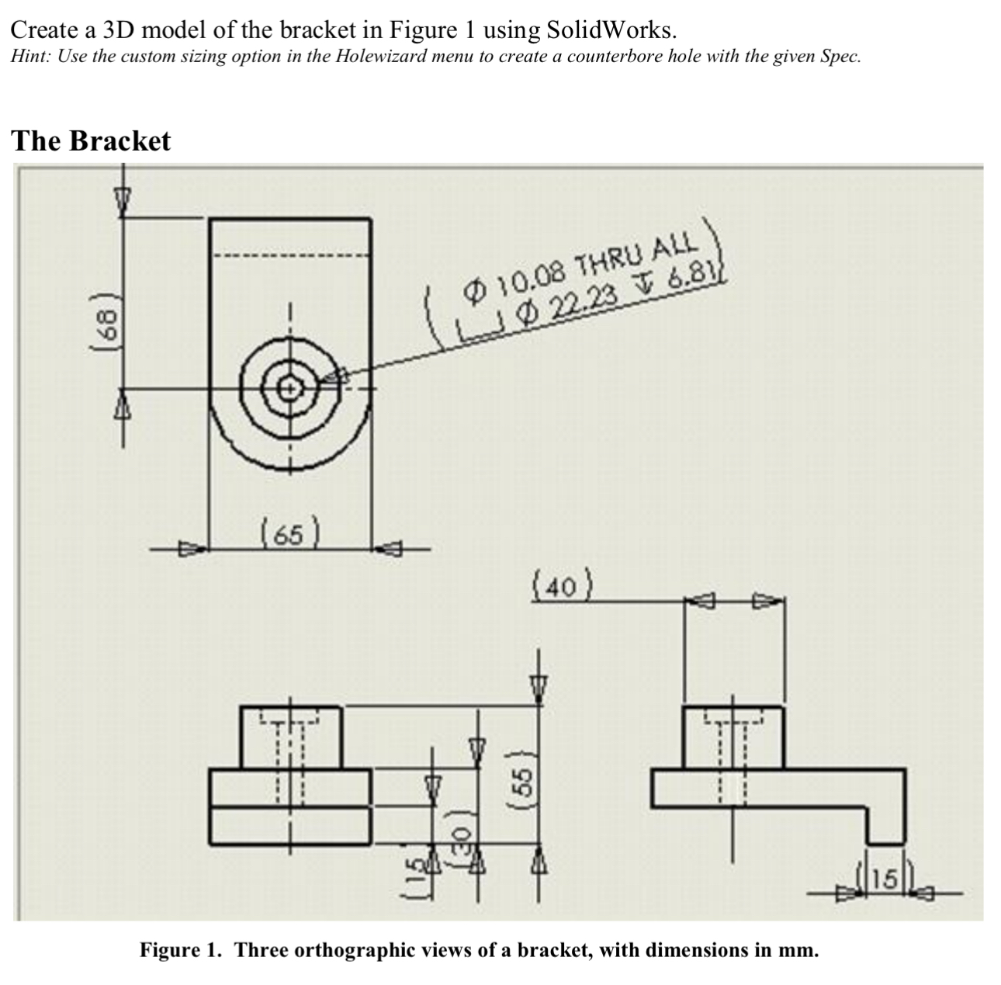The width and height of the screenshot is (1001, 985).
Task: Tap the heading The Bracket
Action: (x=91, y=141)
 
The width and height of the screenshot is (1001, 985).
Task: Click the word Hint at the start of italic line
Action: (x=29, y=57)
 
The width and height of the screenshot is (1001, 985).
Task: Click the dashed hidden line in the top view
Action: (x=290, y=257)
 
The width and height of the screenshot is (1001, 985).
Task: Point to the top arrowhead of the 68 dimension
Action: (x=122, y=197)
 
